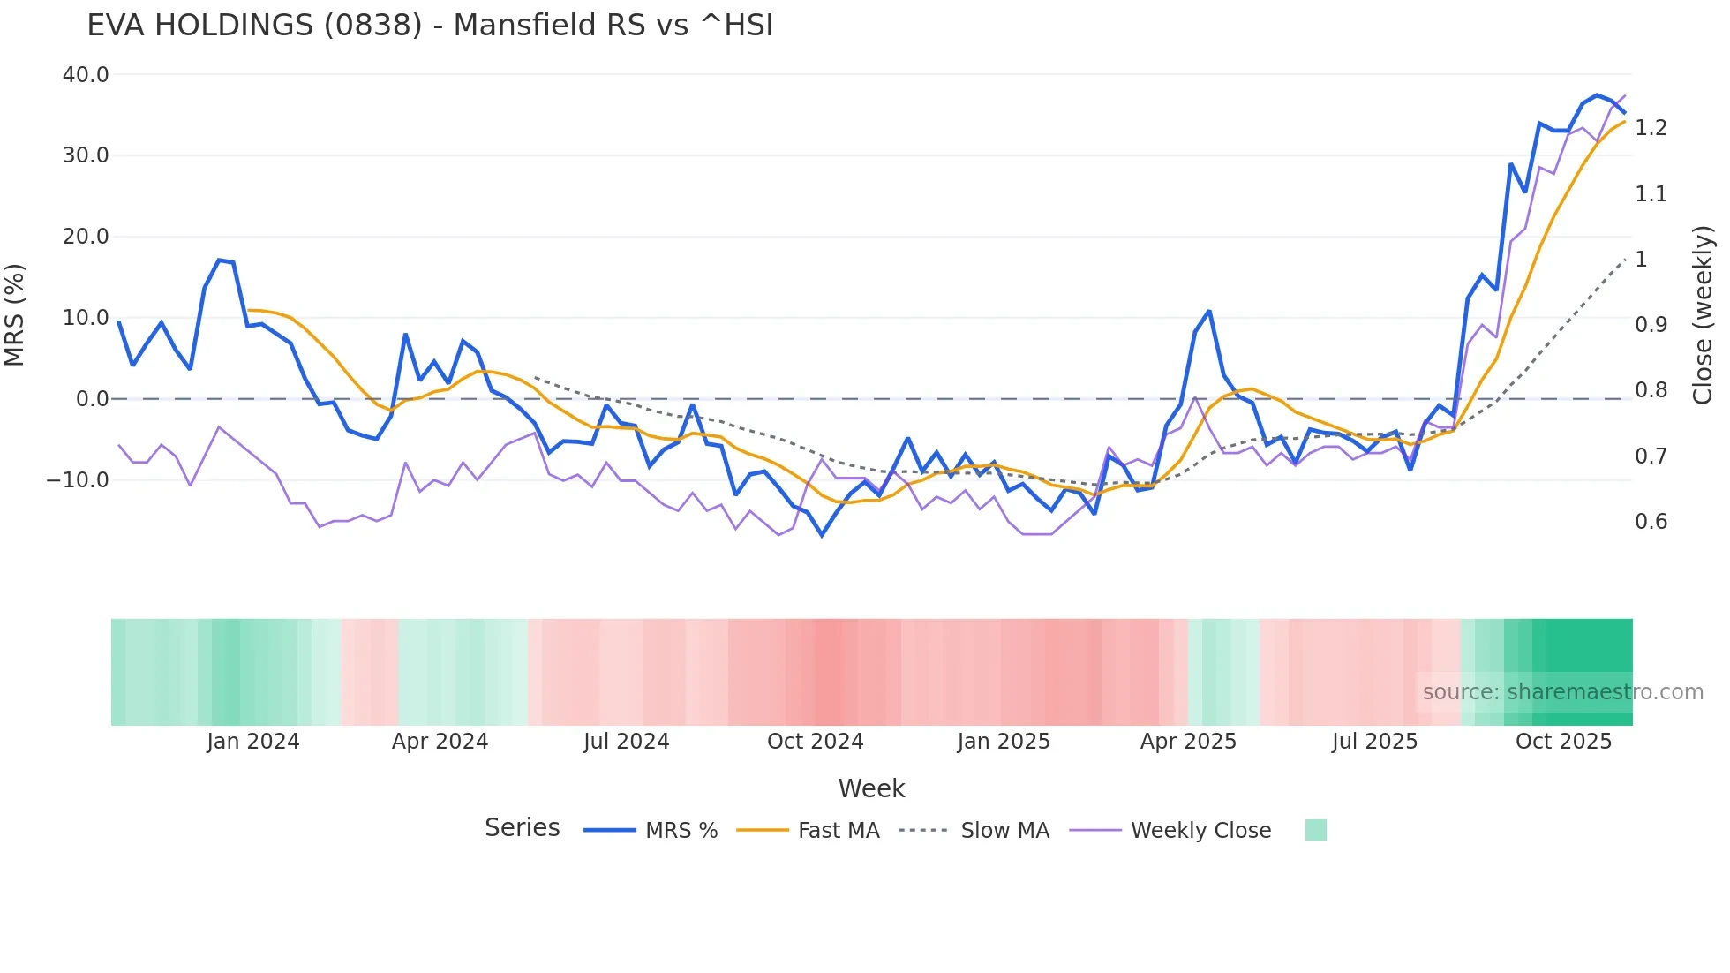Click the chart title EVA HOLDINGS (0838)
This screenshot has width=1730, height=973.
pyautogui.click(x=430, y=26)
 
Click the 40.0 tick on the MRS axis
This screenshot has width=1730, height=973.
pyautogui.click(x=86, y=75)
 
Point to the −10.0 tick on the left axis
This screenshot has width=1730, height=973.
pyautogui.click(x=78, y=480)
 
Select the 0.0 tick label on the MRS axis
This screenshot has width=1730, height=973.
pyautogui.click(x=92, y=399)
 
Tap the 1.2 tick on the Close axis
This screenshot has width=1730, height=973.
pyautogui.click(x=1651, y=128)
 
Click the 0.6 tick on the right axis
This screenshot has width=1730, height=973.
pyautogui.click(x=1651, y=522)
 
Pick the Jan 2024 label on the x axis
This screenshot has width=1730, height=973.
pyautogui.click(x=253, y=742)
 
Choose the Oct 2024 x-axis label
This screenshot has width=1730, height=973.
pyautogui.click(x=815, y=742)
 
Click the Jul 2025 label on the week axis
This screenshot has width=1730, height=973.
pyautogui.click(x=1374, y=742)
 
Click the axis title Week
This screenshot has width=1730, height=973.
pyautogui.click(x=871, y=788)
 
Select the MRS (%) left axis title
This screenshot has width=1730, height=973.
pyautogui.click(x=15, y=315)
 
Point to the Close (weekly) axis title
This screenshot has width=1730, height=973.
pyautogui.click(x=1703, y=315)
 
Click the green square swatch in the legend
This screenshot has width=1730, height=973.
pyautogui.click(x=1315, y=830)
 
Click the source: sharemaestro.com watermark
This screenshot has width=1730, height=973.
pyautogui.click(x=1562, y=692)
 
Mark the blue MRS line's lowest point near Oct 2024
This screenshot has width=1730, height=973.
pyautogui.click(x=822, y=535)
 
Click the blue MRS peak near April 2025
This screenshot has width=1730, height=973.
pyautogui.click(x=1209, y=312)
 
